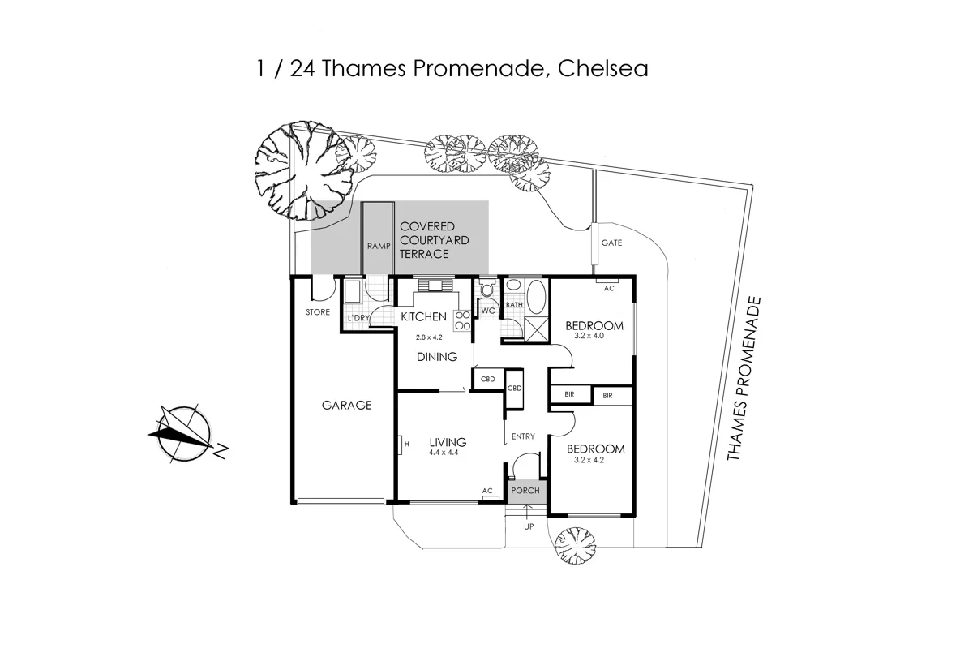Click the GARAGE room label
click(x=346, y=405)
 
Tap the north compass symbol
click(x=185, y=434)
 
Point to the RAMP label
click(x=379, y=245)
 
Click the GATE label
click(x=611, y=243)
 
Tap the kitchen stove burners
click(x=463, y=320)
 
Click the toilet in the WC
click(x=486, y=290)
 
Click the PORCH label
click(x=525, y=490)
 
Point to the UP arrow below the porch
click(x=527, y=512)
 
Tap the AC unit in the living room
click(x=487, y=491)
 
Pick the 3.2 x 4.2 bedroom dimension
click(x=595, y=461)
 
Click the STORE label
click(x=317, y=311)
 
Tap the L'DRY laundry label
click(x=358, y=318)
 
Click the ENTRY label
click(x=523, y=437)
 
